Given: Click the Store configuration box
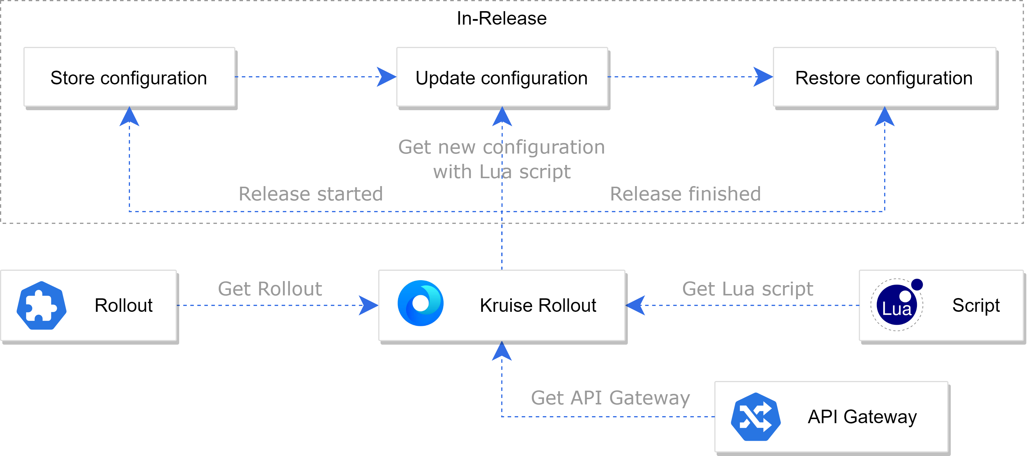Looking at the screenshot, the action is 130,77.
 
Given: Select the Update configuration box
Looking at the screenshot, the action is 502,77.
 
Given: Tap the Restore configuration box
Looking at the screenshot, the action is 885,77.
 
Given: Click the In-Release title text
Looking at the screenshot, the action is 501,18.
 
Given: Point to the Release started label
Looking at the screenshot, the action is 311,194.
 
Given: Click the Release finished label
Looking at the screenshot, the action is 685,194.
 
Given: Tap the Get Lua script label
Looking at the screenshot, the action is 747,289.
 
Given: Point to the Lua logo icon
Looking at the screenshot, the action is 897,305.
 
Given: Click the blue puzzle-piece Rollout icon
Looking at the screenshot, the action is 42,305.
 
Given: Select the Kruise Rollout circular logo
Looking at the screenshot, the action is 421,303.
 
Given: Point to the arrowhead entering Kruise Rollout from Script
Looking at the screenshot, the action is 635,305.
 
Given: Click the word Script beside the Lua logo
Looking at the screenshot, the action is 976,306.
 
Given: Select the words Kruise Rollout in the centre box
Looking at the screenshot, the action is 538,306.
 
